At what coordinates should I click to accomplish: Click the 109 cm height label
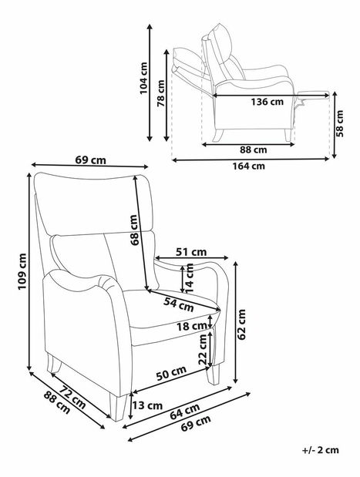22,271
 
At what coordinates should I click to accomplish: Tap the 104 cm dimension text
143,78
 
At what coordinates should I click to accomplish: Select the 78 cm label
160,92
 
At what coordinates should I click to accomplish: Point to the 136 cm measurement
267,102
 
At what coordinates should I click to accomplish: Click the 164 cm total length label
249,166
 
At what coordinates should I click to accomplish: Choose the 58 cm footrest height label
340,123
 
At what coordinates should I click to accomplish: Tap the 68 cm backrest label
134,230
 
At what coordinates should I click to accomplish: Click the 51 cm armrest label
191,252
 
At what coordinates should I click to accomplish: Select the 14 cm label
190,278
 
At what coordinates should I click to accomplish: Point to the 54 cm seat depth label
179,304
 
